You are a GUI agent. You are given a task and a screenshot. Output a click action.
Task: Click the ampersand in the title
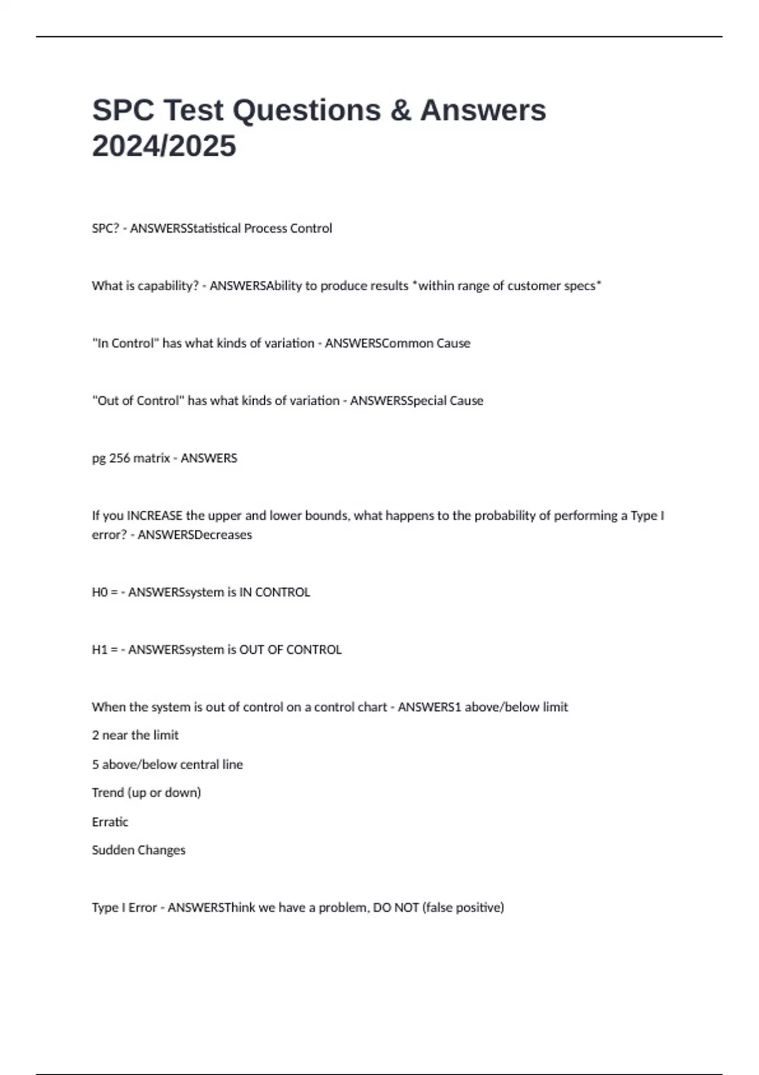[400, 110]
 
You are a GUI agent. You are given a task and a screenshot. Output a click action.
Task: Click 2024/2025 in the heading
[164, 146]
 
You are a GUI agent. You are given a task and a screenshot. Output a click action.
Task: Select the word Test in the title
[194, 110]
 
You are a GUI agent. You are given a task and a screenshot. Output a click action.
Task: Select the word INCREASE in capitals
[155, 515]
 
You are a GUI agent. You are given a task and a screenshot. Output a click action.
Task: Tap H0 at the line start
[100, 592]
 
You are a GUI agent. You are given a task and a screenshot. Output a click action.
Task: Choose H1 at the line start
[100, 649]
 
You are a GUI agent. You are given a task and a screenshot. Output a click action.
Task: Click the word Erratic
[110, 821]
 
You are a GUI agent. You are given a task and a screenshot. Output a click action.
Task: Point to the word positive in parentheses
[481, 907]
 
